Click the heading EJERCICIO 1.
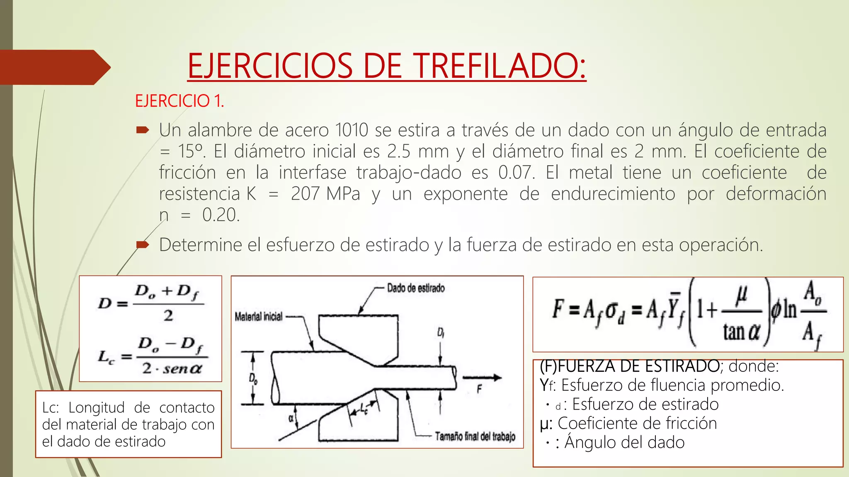(179, 101)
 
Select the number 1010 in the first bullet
(352, 130)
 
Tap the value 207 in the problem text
(305, 194)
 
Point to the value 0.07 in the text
(516, 173)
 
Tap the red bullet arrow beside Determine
(142, 245)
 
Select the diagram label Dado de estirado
(415, 288)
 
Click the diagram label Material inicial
(258, 317)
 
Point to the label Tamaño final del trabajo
(475, 436)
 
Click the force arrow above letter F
(482, 377)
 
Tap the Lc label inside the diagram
(364, 408)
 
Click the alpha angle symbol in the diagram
(291, 419)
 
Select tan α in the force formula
(742, 332)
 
